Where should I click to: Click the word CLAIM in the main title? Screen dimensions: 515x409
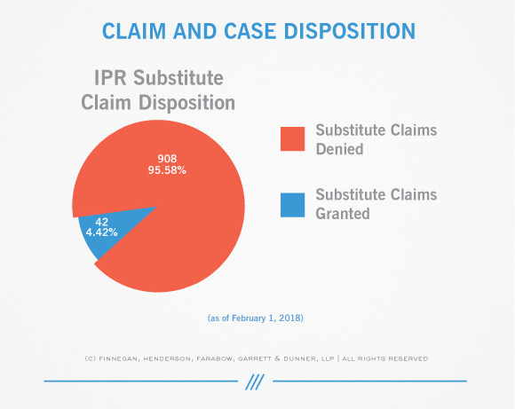tap(134, 31)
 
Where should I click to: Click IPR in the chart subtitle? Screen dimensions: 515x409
tap(110, 78)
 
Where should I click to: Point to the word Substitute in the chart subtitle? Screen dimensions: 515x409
tap(178, 78)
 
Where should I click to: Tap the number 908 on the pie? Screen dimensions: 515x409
tap(167, 159)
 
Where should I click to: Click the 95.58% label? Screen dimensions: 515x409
tap(167, 170)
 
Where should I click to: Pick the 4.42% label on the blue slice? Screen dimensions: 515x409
tap(101, 232)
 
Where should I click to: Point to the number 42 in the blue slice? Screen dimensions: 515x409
tap(101, 222)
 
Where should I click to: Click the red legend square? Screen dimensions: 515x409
tap(293, 139)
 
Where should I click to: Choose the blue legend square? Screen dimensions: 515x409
tap(293, 205)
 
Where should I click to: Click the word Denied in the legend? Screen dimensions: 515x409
tap(339, 149)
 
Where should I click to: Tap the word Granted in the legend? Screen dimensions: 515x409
tap(343, 214)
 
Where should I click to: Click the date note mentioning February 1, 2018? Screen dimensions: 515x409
tap(256, 319)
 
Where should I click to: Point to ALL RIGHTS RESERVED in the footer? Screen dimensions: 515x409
tap(385, 358)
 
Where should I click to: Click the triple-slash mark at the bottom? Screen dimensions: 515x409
tap(255, 381)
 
